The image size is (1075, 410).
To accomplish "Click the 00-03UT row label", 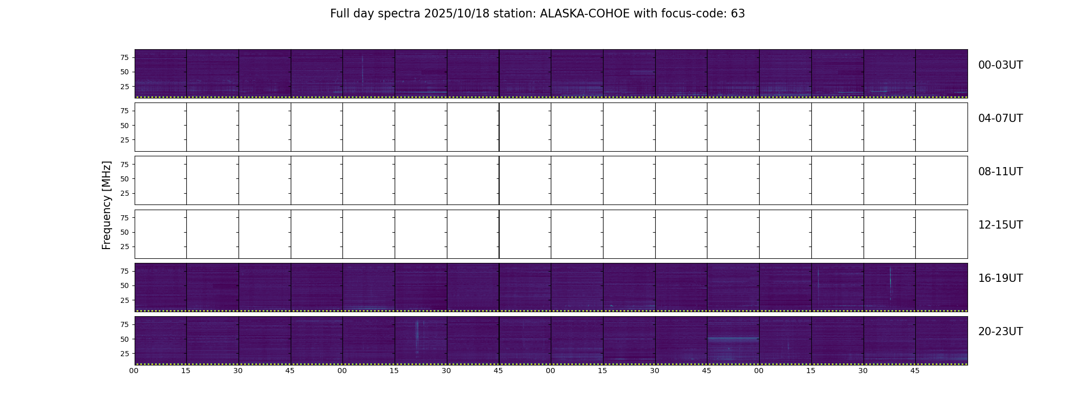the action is [1000, 65].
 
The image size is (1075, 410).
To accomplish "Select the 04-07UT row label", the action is [1000, 118].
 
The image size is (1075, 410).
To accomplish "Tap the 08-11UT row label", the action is [1000, 172].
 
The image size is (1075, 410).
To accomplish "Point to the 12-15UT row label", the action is [1000, 225].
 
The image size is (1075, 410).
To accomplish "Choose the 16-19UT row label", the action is [1000, 278].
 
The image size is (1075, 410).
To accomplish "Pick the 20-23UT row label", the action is [1000, 332].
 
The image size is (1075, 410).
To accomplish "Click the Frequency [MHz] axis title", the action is [106, 205].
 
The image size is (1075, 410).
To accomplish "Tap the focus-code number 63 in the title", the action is [738, 14].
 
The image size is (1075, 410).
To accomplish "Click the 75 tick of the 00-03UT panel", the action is [124, 57].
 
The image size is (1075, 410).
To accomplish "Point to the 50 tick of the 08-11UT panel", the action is [124, 179].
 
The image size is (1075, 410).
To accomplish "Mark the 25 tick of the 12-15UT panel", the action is [124, 247].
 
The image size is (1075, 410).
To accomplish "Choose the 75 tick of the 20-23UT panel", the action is [124, 324].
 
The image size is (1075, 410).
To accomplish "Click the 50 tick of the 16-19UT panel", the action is [124, 285].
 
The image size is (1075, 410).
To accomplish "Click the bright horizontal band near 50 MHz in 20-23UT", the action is [733, 339].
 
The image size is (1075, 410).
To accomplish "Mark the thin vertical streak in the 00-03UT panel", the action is [362, 69].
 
